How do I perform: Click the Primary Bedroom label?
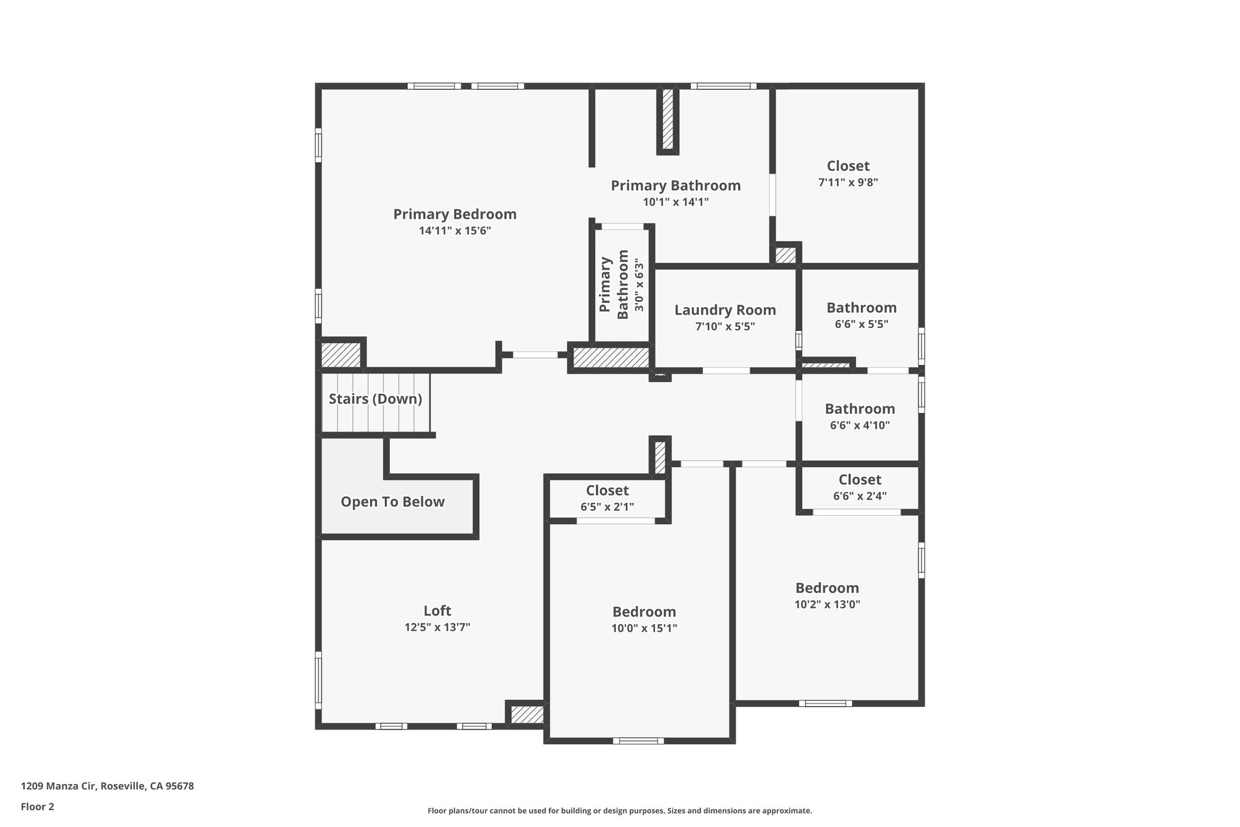pyautogui.click(x=455, y=214)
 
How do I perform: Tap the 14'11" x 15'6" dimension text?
pyautogui.click(x=455, y=231)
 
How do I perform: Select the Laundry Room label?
pyautogui.click(x=725, y=310)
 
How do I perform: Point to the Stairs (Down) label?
pyautogui.click(x=375, y=399)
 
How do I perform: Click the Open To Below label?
pyautogui.click(x=392, y=502)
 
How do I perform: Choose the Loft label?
pyautogui.click(x=437, y=611)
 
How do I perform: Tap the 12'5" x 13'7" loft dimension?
pyautogui.click(x=437, y=627)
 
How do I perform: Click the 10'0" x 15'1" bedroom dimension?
pyautogui.click(x=644, y=628)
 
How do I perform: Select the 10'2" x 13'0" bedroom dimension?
pyautogui.click(x=827, y=604)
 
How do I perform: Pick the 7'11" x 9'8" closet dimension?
pyautogui.click(x=848, y=182)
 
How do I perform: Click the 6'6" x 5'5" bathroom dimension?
pyautogui.click(x=861, y=324)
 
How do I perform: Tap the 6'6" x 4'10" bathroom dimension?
pyautogui.click(x=860, y=425)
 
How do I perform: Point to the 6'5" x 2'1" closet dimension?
pyautogui.click(x=607, y=506)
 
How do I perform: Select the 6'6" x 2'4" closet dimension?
pyautogui.click(x=860, y=496)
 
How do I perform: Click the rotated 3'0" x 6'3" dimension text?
pyautogui.click(x=639, y=285)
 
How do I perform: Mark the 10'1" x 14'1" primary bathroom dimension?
pyautogui.click(x=676, y=202)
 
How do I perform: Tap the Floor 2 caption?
pyautogui.click(x=38, y=806)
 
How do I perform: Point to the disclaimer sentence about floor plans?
pyautogui.click(x=619, y=811)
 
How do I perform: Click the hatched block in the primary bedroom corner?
pyautogui.click(x=340, y=354)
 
